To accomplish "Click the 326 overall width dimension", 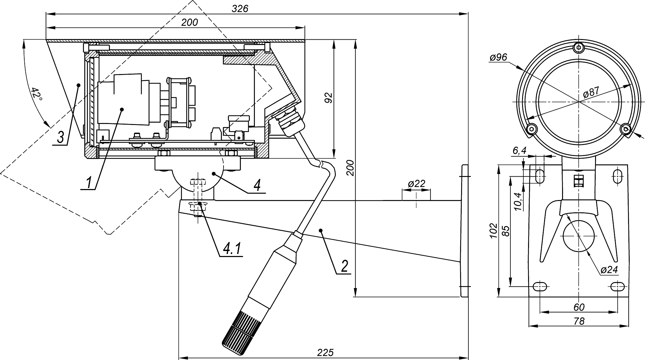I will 240,9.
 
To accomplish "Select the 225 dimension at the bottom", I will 325,352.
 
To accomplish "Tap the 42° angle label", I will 37,94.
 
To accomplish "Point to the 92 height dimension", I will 328,98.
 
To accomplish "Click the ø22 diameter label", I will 416,184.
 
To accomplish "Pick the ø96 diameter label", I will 498,57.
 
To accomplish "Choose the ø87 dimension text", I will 591,92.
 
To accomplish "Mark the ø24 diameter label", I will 609,270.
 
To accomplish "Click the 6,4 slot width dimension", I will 519,151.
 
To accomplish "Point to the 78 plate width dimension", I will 579,321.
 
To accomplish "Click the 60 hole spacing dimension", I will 579,307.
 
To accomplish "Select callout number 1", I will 89,183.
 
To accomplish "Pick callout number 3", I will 60,137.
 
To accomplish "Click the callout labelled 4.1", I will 232,249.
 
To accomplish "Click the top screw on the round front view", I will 579,48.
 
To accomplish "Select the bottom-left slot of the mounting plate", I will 540,286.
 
